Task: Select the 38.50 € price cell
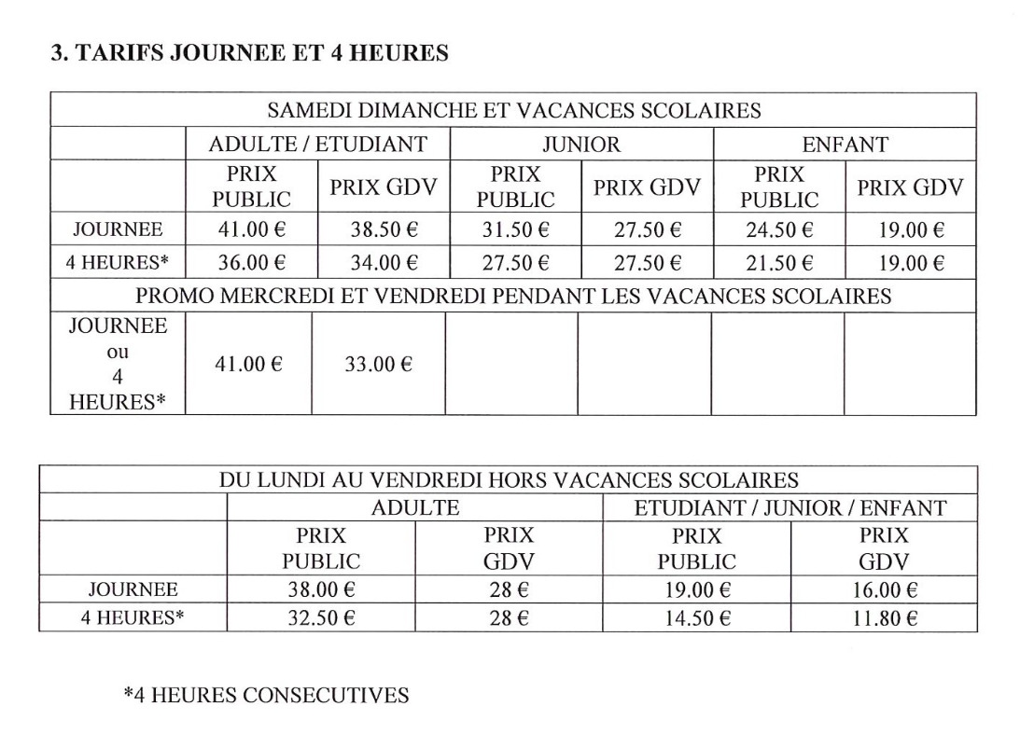384,229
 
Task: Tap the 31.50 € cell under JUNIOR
515,229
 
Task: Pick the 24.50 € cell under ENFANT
779,229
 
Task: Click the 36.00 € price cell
251,262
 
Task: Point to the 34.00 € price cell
384,262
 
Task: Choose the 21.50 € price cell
779,262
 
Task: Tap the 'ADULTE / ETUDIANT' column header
317,144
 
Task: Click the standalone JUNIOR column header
580,144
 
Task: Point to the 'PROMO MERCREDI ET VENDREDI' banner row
513,297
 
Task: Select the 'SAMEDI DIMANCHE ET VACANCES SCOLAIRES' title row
513,110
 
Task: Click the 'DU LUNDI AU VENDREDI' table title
509,480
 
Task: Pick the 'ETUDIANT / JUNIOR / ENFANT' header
789,508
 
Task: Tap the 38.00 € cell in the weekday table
320,589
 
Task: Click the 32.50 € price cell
320,616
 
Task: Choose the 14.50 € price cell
696,616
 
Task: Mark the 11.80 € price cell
884,616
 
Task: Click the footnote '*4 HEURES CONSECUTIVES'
266,696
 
